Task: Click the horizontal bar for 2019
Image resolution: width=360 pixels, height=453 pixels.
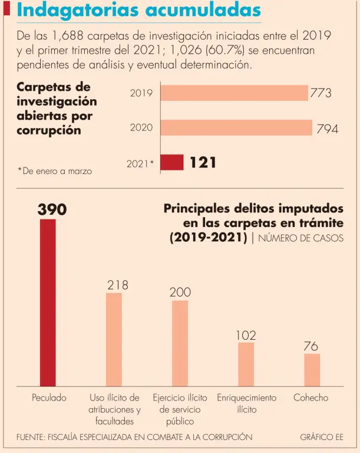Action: (x=234, y=93)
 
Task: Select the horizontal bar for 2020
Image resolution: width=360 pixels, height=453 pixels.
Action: (x=236, y=127)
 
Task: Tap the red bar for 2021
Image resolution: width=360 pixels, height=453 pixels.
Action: (x=172, y=162)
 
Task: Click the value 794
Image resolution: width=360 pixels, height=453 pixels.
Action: (x=327, y=129)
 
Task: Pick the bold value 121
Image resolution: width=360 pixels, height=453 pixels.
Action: (x=203, y=162)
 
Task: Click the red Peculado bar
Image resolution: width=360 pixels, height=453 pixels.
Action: (x=48, y=302)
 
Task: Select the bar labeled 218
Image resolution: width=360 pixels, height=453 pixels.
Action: (x=114, y=339)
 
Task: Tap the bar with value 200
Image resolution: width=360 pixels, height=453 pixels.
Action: (x=180, y=343)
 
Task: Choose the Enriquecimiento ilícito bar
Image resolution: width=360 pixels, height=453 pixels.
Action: (x=246, y=364)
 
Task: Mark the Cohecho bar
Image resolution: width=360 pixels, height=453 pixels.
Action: (x=312, y=370)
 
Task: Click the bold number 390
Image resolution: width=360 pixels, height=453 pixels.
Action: (x=52, y=209)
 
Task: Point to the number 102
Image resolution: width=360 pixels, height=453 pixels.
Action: (x=246, y=335)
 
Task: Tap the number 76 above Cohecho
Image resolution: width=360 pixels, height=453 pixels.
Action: (x=311, y=346)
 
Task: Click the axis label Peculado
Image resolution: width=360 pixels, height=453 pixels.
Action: (x=49, y=398)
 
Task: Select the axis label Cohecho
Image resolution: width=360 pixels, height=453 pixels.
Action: (x=311, y=398)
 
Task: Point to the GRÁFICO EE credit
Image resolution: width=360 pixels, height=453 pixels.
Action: (x=321, y=437)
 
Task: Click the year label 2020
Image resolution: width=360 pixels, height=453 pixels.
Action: (x=141, y=128)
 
